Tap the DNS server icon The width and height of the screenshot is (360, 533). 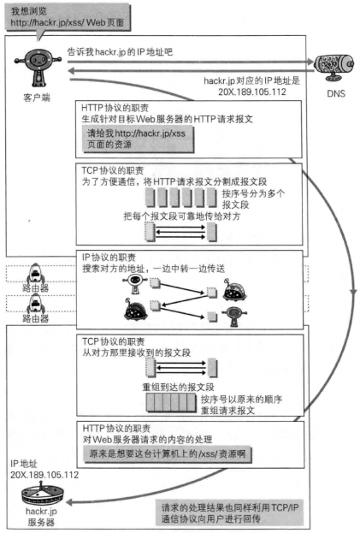tap(333, 67)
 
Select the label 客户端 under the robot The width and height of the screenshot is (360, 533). tap(37, 98)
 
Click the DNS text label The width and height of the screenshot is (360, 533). tap(336, 93)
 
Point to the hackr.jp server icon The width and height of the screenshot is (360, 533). tap(43, 495)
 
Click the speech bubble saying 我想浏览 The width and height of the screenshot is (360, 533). tap(68, 17)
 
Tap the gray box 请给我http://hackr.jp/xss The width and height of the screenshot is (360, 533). tap(138, 139)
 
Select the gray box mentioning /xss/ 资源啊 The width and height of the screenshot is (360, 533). tap(167, 453)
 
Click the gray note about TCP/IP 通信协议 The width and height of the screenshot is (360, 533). tap(229, 513)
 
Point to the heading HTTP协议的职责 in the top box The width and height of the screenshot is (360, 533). tap(115, 108)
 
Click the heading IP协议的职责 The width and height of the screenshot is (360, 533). tap(109, 257)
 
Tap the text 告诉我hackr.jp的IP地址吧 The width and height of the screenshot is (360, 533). tap(121, 51)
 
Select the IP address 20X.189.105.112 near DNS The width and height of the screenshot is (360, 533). tap(252, 92)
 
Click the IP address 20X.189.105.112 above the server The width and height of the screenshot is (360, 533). tap(44, 475)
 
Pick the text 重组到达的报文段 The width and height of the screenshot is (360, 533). tap(178, 387)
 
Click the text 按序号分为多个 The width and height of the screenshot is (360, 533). tap(253, 193)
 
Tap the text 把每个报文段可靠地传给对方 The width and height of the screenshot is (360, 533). tap(181, 216)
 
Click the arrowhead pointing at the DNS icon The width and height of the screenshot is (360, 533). tap(310, 62)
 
